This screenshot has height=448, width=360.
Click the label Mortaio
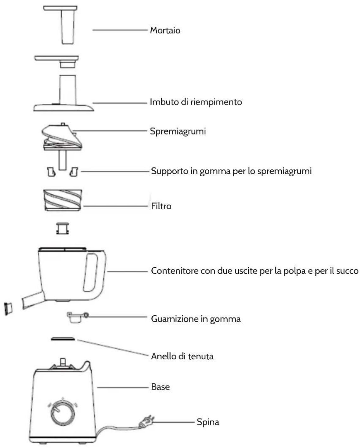(165, 30)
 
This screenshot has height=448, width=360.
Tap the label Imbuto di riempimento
(196, 102)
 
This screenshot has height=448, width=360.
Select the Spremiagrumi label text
(178, 131)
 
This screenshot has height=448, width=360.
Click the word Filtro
(161, 206)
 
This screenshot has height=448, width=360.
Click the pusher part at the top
(60, 25)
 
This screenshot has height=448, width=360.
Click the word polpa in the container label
(295, 271)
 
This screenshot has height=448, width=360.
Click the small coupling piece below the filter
(63, 229)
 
